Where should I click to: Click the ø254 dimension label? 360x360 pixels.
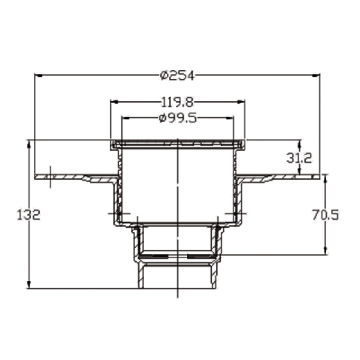(x=177, y=75)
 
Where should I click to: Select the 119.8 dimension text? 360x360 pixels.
(x=177, y=102)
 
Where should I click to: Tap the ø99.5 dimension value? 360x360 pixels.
(x=178, y=118)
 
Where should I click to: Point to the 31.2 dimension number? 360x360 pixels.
(x=299, y=158)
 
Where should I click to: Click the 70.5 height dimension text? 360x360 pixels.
(x=325, y=215)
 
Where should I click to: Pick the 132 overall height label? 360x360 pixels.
(x=29, y=215)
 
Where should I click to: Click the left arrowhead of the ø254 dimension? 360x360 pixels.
(x=38, y=75)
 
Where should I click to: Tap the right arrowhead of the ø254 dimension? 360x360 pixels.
(x=316, y=75)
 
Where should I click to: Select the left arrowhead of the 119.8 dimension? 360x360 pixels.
(x=114, y=102)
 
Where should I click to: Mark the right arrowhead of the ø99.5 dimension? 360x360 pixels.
(x=230, y=118)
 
